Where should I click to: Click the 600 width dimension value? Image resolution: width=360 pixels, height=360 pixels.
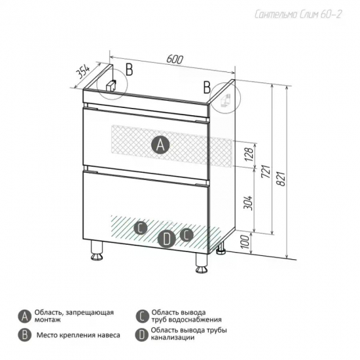pos(175,59)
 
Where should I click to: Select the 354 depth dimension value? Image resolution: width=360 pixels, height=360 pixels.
pos(82,72)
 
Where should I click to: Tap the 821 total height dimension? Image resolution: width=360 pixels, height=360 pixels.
pos(281,179)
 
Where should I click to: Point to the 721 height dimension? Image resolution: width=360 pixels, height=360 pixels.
pos(266,171)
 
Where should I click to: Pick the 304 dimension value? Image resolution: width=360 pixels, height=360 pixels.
pos(248,203)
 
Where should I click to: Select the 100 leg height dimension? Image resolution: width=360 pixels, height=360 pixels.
pos(245,242)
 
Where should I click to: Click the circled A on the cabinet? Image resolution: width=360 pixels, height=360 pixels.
pos(160,145)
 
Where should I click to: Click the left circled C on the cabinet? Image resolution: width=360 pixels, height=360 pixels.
pos(140,228)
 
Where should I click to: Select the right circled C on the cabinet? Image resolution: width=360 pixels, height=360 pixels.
pos(187,235)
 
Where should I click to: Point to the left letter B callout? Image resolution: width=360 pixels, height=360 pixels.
pos(129,69)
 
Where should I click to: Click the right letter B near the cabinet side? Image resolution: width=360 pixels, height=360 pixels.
pos(207,88)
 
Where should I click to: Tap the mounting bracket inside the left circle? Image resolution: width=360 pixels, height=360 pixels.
pos(111,85)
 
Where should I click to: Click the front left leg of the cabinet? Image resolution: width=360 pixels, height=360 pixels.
pos(97,251)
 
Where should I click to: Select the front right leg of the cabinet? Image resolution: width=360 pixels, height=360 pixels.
pos(202,263)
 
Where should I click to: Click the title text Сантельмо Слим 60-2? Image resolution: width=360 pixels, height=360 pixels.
pos(298,14)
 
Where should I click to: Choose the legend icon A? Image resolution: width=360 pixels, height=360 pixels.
pos(24,317)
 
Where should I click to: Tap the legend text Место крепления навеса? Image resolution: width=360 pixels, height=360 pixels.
pos(79,335)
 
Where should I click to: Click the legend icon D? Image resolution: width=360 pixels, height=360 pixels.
pos(142,334)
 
